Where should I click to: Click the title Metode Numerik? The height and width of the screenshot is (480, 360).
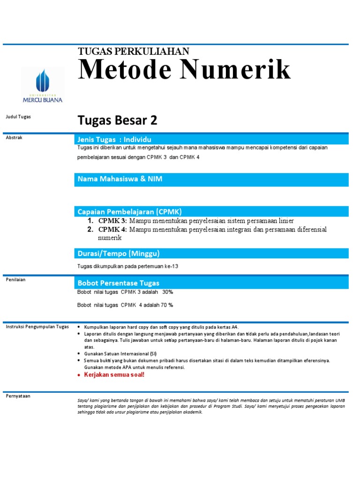pyautogui.click(x=184, y=70)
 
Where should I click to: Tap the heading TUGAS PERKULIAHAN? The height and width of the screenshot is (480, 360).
pyautogui.click(x=133, y=52)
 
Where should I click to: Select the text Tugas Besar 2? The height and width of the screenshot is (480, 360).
pyautogui.click(x=117, y=121)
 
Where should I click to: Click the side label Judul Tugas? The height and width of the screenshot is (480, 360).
pyautogui.click(x=18, y=117)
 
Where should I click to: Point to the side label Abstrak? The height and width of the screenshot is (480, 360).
pyautogui.click(x=14, y=138)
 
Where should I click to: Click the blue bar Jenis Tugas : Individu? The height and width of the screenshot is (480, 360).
pyautogui.click(x=211, y=139)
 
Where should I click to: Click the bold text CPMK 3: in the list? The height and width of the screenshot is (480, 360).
pyautogui.click(x=112, y=221)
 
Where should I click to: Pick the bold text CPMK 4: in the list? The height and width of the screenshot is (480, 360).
pyautogui.click(x=112, y=229)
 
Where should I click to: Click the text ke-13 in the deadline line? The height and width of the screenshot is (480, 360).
pyautogui.click(x=172, y=266)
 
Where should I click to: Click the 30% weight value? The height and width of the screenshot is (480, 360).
pyautogui.click(x=167, y=292)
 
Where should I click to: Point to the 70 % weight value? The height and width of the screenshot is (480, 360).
pyautogui.click(x=166, y=305)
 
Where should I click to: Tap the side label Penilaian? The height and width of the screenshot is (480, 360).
pyautogui.click(x=15, y=280)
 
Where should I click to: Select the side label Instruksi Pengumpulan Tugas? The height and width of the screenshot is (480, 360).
pyautogui.click(x=37, y=327)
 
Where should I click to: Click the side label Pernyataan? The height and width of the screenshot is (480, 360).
pyautogui.click(x=18, y=396)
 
